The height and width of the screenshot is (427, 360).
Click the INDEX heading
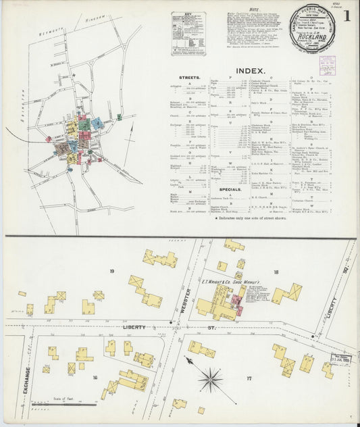click(251, 70)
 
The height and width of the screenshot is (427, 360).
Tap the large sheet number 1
click(346, 15)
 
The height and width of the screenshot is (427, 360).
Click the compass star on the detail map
click(211, 379)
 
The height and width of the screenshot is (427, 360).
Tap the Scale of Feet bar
click(72, 404)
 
